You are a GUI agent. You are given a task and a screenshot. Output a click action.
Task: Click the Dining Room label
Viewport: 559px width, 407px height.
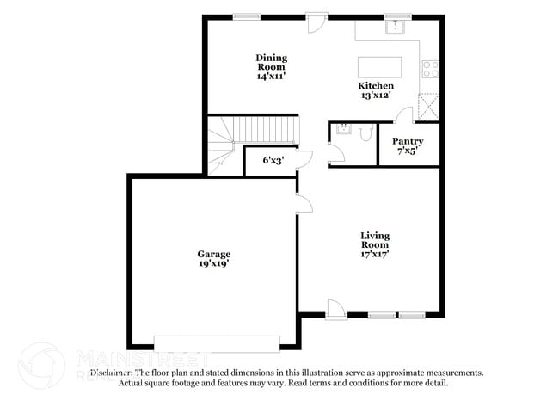pos(271,62)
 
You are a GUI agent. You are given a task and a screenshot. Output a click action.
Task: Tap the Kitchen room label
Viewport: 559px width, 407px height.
pos(376,86)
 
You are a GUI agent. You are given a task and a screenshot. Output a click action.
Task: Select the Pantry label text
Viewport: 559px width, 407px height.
pos(407,140)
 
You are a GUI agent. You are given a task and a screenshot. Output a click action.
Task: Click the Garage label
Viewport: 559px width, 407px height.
pos(213,254)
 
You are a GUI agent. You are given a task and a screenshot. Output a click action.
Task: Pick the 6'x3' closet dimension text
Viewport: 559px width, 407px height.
pos(273,160)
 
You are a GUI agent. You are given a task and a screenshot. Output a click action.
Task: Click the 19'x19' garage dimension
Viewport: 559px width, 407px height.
pos(213,265)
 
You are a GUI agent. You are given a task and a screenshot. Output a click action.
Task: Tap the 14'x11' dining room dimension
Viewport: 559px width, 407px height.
pos(271,77)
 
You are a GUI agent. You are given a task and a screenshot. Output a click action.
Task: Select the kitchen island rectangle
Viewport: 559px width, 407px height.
pos(379,67)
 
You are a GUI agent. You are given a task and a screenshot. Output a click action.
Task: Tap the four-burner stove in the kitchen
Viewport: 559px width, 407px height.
pos(431,69)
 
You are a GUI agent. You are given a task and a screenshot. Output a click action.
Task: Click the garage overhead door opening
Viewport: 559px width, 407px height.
pos(216,342)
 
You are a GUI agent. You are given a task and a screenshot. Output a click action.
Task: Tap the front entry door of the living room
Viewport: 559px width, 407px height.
pos(335,311)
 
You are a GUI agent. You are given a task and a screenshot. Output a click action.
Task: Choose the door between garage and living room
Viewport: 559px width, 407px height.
pos(302,203)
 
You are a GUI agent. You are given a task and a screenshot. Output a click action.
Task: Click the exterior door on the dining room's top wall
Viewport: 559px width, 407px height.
pos(316,22)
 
